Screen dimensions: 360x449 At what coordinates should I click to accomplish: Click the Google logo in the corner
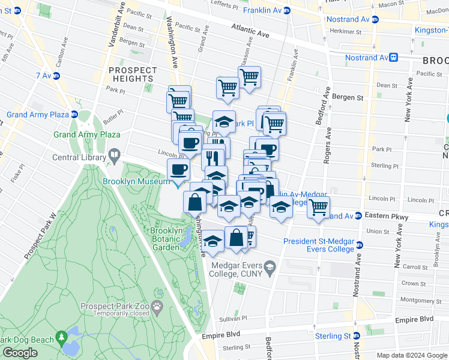click(20, 353)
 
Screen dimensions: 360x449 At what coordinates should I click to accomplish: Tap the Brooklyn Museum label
click(137, 181)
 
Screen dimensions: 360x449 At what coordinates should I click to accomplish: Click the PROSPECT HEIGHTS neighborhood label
click(132, 74)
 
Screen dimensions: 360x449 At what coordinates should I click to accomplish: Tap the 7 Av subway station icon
click(56, 76)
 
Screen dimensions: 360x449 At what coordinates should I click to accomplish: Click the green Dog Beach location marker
click(61, 338)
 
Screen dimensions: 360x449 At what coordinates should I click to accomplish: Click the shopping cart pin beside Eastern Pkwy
click(318, 207)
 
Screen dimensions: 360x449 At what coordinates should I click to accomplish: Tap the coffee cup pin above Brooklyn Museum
click(178, 170)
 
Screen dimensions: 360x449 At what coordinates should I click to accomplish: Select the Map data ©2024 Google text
click(412, 355)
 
